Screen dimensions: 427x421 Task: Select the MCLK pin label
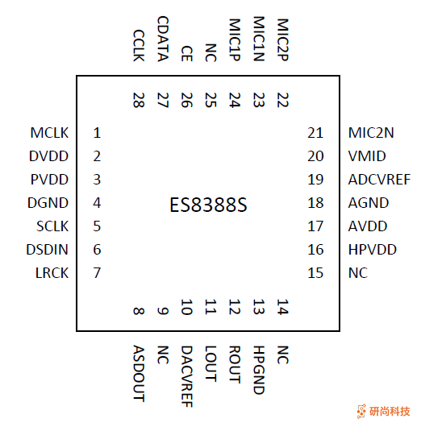pos(49,133)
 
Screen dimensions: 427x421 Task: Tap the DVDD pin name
pos(49,156)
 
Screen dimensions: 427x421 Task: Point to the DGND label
pos(49,203)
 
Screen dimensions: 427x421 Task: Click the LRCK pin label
pos(52,273)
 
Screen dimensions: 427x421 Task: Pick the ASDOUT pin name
pos(138,373)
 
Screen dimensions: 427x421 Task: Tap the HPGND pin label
pos(258,370)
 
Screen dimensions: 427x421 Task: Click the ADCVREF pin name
pos(379,180)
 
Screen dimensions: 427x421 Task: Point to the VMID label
pos(367,156)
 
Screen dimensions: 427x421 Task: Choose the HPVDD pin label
pos(373,250)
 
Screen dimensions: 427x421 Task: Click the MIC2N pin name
pos(371,133)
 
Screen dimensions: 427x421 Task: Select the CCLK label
pos(138,47)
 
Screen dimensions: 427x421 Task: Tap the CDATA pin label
pos(162,39)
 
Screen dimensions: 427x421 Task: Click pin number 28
pos(138,100)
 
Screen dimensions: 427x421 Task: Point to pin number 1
pos(97,133)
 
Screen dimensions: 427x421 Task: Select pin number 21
pos(315,133)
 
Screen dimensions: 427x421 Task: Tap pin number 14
pos(281,306)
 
